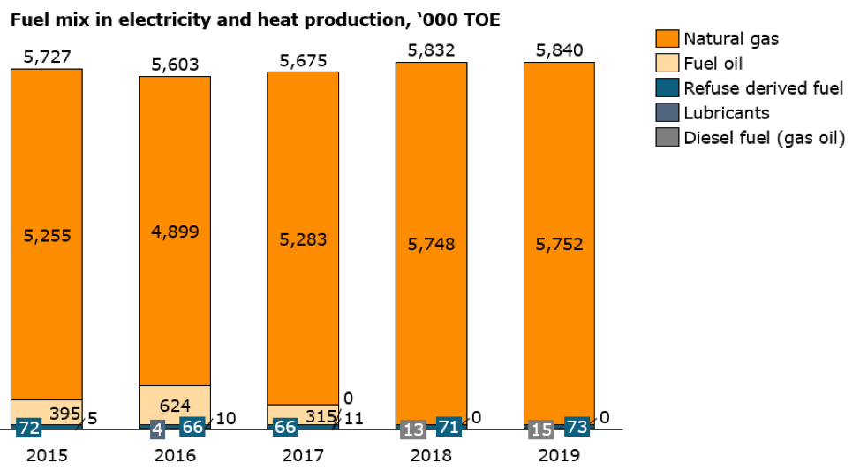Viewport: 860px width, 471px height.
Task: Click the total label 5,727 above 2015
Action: click(x=46, y=57)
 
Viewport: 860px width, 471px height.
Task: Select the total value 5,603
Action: click(x=175, y=65)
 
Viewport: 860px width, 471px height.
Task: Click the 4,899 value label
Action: click(x=175, y=232)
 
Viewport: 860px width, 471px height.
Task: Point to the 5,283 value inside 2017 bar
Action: click(x=303, y=239)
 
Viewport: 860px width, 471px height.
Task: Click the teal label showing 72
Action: click(x=29, y=429)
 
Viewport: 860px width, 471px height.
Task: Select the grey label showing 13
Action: click(x=413, y=429)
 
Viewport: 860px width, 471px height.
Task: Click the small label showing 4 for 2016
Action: click(x=157, y=429)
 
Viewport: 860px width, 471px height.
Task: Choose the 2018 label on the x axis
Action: click(x=431, y=456)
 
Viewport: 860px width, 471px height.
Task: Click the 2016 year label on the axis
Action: click(x=175, y=456)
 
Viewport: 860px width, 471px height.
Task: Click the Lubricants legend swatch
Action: click(x=668, y=112)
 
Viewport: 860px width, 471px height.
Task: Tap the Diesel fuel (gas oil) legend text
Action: click(x=765, y=137)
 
